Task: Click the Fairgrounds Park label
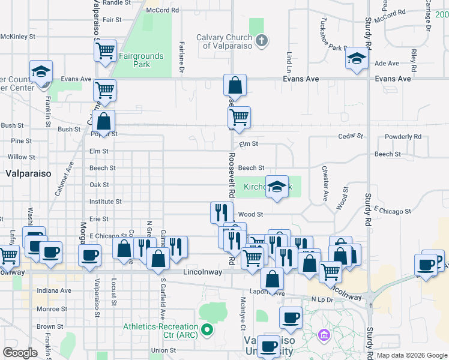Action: pyautogui.click(x=141, y=60)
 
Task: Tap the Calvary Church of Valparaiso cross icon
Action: pyautogui.click(x=261, y=41)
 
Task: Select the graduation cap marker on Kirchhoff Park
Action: pyautogui.click(x=277, y=187)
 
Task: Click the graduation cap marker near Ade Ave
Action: pyautogui.click(x=357, y=59)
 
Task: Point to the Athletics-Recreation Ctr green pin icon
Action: pyautogui.click(x=207, y=329)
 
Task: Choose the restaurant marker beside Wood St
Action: pyautogui.click(x=221, y=212)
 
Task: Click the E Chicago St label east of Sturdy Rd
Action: pyautogui.click(x=392, y=211)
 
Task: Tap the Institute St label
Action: pyautogui.click(x=106, y=202)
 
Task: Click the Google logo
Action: pyautogui.click(x=20, y=352)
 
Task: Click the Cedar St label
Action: pyautogui.click(x=351, y=136)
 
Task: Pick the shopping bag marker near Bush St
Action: pyautogui.click(x=104, y=121)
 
